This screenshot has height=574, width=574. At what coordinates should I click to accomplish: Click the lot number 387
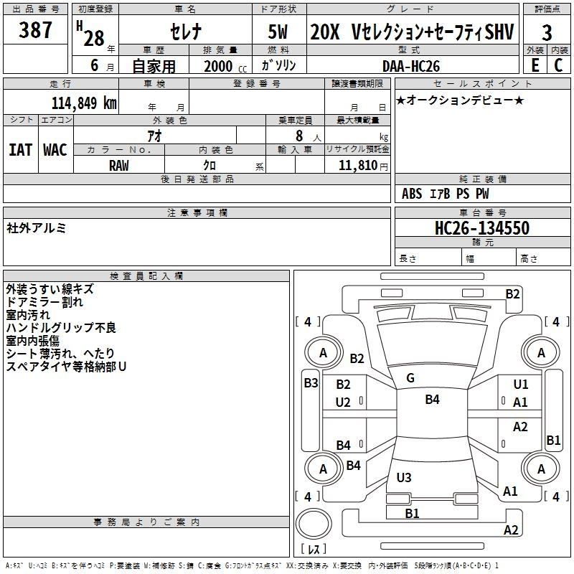tap(35, 29)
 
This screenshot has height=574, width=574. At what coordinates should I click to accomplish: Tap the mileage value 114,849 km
tap(84, 103)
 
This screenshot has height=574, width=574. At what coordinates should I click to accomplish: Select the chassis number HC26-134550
tap(481, 227)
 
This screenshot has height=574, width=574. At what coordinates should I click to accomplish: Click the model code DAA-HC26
tap(410, 66)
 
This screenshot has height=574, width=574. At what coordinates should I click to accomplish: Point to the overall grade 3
tap(547, 33)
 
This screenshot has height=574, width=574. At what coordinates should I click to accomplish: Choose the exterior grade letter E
tap(535, 65)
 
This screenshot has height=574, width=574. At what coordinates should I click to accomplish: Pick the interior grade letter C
tap(558, 65)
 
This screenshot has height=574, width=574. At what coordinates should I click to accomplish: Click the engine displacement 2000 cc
tap(225, 66)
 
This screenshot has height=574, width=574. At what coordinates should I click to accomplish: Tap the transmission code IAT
tap(20, 150)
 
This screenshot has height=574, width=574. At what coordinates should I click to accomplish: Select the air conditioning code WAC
tap(55, 150)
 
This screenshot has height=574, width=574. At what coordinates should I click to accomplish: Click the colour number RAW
tap(118, 166)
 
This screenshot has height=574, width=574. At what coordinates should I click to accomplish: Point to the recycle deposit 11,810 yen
tap(363, 166)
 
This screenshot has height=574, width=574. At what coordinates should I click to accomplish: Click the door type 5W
tap(278, 32)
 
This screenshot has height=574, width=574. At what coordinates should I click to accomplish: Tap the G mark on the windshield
tap(410, 378)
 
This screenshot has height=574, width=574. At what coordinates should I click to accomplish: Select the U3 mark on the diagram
tap(404, 477)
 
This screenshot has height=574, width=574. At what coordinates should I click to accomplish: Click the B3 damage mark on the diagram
tap(311, 383)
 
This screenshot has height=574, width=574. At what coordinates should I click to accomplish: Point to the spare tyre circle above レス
tap(314, 524)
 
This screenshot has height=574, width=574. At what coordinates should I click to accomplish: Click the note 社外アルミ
tap(37, 228)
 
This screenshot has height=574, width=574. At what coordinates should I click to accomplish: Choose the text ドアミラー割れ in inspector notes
tap(44, 302)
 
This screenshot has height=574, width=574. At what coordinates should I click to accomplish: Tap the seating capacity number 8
tap(299, 136)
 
